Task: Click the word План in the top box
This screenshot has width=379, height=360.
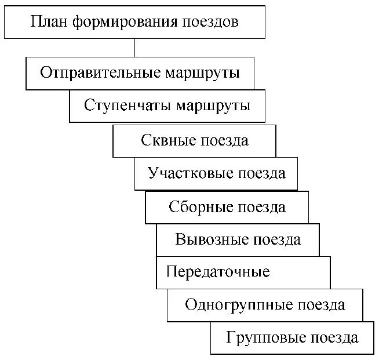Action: click(45, 23)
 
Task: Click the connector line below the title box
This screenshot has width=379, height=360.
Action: click(134, 48)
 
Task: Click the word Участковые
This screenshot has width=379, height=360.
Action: click(185, 173)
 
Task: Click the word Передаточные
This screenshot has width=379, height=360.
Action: click(218, 272)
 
